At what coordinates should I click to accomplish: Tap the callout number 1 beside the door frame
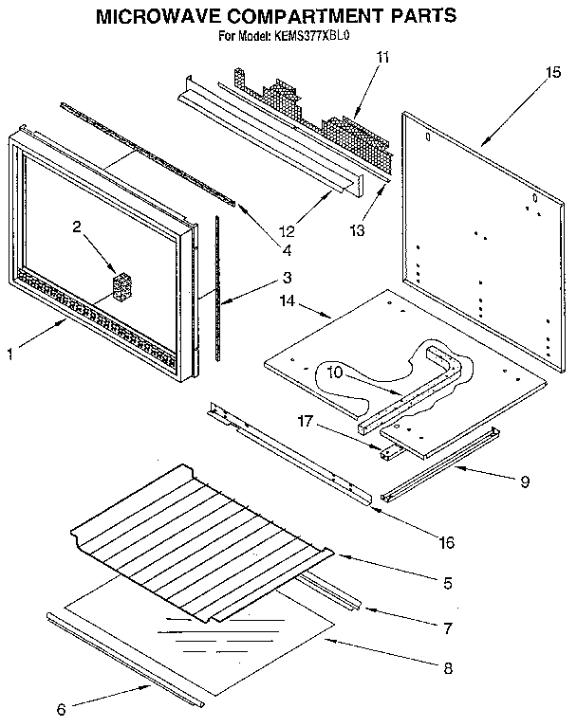tap(10, 354)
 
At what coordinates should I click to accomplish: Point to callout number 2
tap(78, 227)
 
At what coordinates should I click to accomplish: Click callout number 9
tap(524, 481)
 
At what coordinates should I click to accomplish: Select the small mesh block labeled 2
tap(121, 287)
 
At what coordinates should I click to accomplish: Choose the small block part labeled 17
tap(386, 452)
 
